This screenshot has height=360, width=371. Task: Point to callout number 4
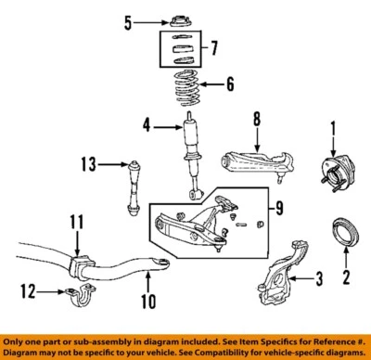[147, 125]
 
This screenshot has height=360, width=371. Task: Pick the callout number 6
[230, 84]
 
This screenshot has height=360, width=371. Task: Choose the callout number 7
[214, 45]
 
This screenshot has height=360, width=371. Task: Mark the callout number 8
[257, 118]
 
